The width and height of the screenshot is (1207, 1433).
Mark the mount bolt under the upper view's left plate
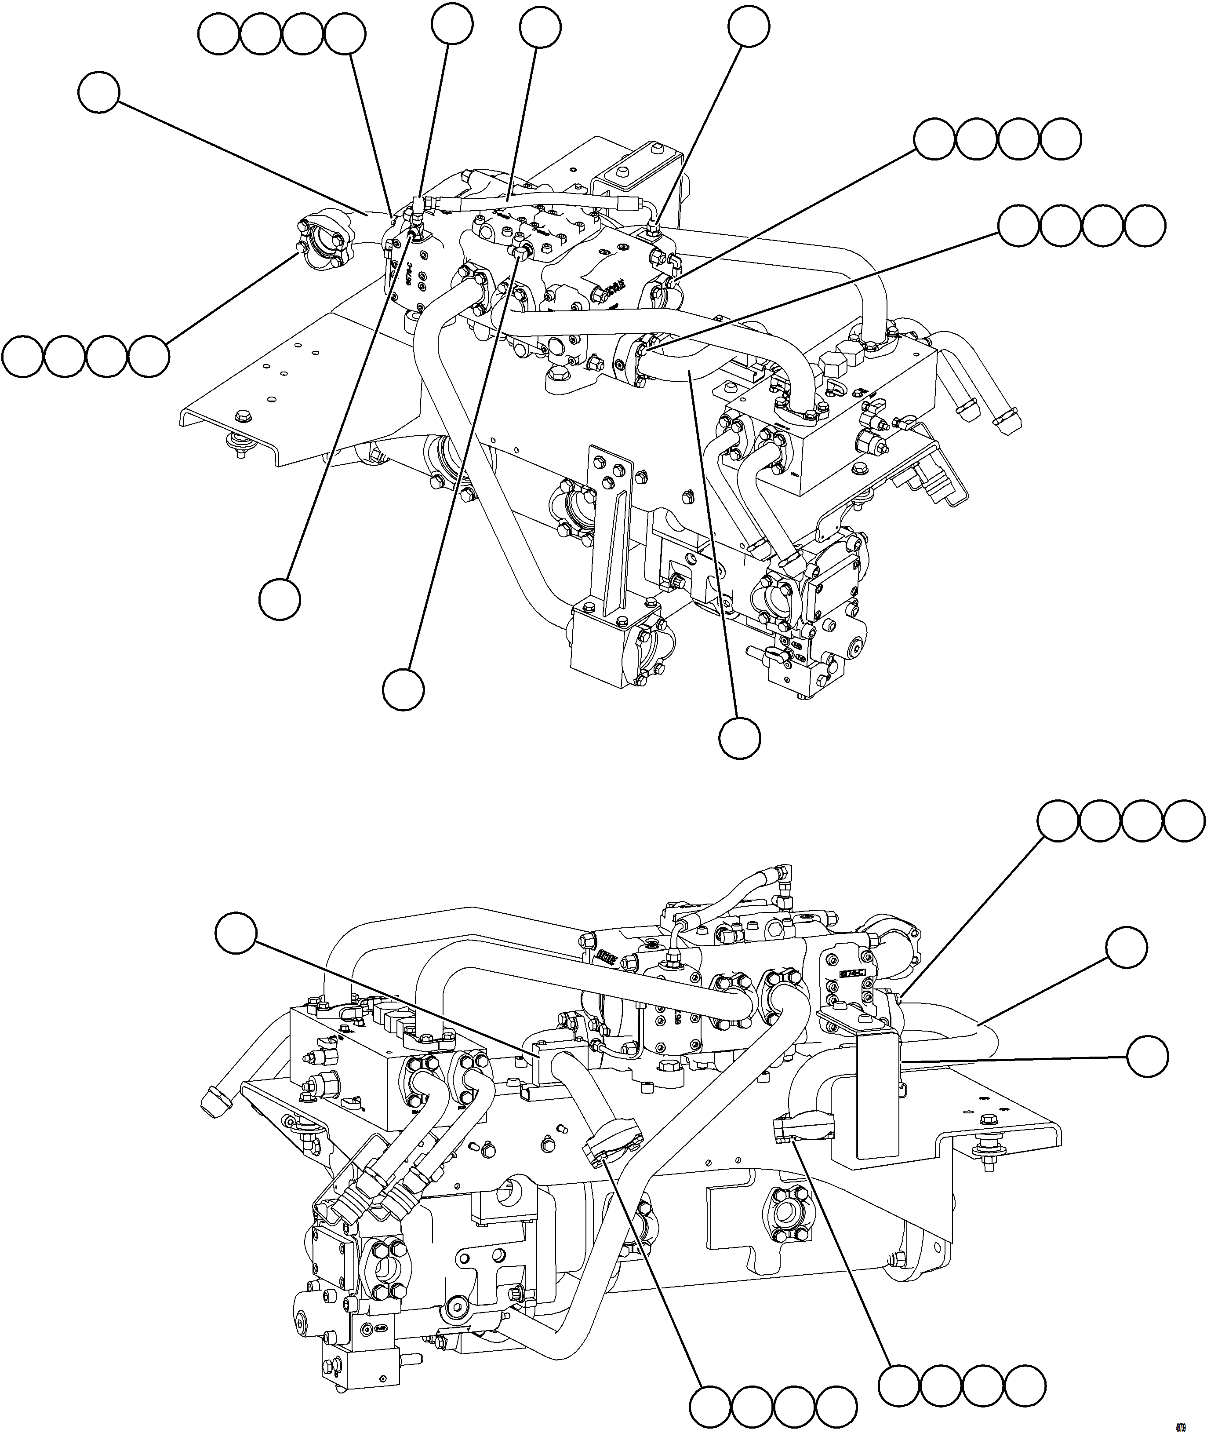(x=241, y=445)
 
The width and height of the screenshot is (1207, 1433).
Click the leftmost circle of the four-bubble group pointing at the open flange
(x=22, y=355)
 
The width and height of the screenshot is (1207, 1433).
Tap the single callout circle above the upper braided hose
(x=541, y=27)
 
